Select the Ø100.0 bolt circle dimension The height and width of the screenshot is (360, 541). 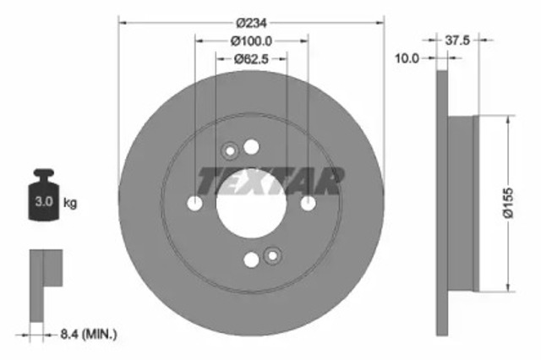click(x=251, y=40)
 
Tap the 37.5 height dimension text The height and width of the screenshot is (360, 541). click(x=457, y=39)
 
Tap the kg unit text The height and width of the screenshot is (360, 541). click(x=71, y=202)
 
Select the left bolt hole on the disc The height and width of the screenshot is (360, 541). click(x=194, y=204)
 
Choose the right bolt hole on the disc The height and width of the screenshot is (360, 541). click(x=308, y=204)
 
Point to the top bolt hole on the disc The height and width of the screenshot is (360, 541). click(x=250, y=148)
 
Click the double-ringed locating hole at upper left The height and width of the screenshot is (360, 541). click(x=229, y=152)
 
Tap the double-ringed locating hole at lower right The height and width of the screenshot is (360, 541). click(x=271, y=256)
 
